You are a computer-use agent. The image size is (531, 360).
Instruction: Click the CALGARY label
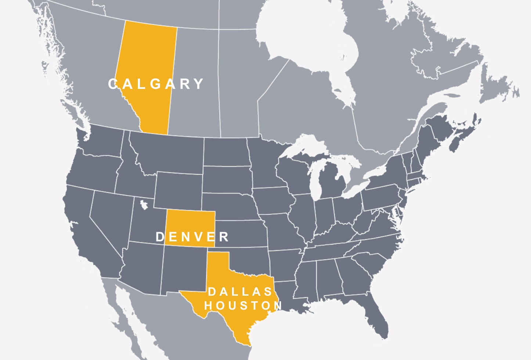point(156,84)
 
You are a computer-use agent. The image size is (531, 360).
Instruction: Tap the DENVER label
point(192,237)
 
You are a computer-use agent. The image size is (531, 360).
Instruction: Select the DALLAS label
point(240,292)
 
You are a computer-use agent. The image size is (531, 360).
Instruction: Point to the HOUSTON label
point(243,305)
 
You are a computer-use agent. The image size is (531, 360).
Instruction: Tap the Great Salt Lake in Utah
point(144,204)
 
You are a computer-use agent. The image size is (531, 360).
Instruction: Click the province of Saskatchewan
point(195,84)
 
